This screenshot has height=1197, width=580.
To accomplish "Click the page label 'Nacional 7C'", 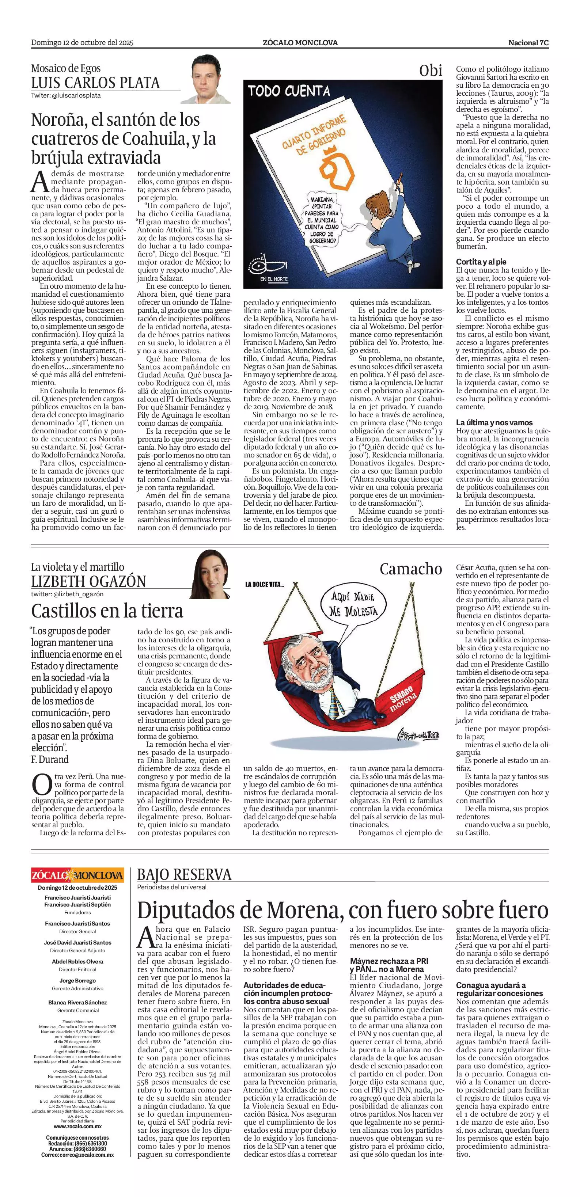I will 528,43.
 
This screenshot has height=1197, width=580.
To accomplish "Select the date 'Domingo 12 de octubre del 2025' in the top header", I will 82,43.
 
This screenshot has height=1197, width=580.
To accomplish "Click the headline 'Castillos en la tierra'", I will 107,611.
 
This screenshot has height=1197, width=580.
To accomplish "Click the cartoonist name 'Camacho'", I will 410,569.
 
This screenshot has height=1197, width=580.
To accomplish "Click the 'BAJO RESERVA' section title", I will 184,875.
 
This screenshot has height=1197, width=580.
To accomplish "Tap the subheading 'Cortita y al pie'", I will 481,262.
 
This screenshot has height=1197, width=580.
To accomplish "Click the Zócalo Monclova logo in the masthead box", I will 77,875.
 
